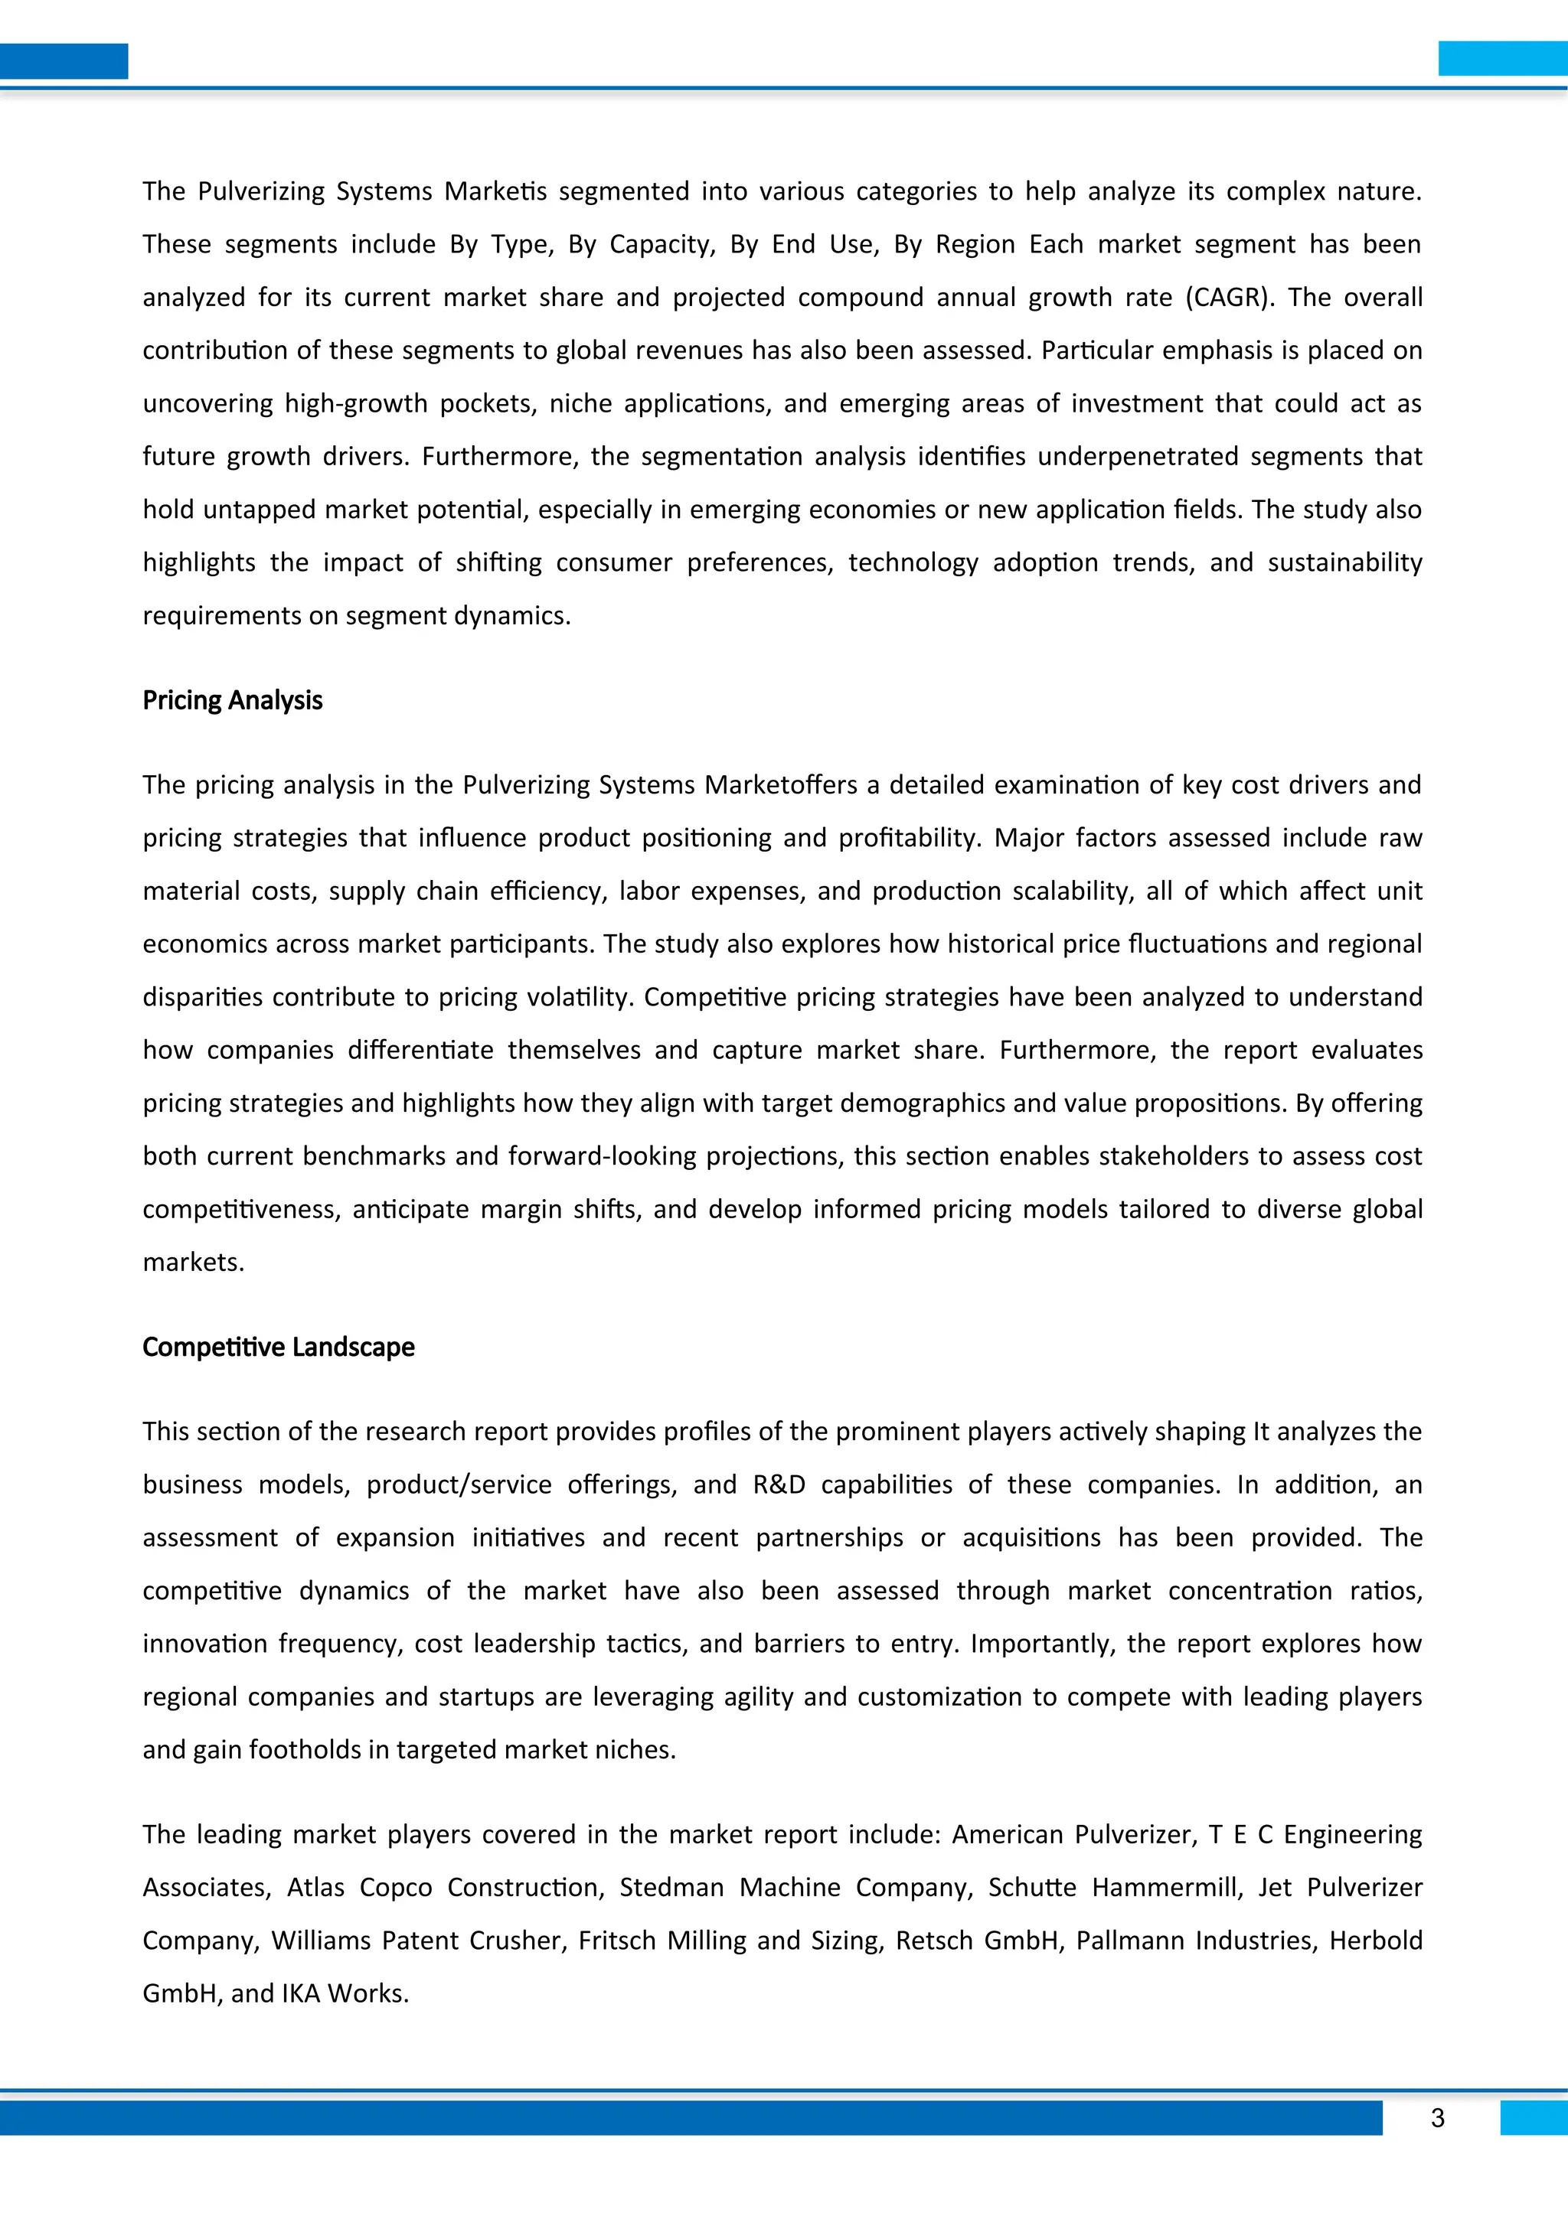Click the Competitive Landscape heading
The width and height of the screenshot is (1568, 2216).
[278, 1347]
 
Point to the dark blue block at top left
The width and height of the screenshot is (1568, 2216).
[64, 60]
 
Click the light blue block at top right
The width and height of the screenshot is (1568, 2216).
[1502, 58]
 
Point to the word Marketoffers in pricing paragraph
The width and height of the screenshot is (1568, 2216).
[780, 784]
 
